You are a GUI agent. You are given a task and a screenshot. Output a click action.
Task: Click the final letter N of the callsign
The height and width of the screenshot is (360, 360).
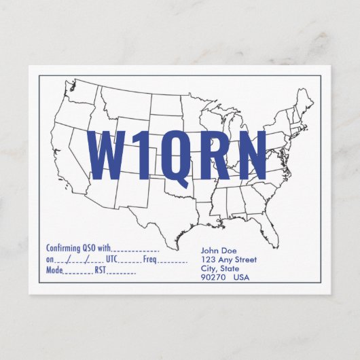[x=249, y=156]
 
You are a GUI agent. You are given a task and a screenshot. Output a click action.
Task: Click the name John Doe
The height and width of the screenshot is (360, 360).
[x=219, y=251]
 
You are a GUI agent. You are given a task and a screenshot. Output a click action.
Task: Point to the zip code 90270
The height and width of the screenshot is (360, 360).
[x=213, y=277]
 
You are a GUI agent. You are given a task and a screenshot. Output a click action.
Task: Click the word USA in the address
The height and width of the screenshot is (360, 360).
[x=241, y=277]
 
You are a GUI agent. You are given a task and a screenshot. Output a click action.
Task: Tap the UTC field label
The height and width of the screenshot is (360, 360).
[x=112, y=259]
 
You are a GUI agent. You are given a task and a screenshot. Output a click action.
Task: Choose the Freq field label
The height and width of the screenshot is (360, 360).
[x=150, y=259]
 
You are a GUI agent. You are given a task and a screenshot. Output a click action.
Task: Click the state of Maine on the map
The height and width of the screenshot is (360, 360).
[x=304, y=101]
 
